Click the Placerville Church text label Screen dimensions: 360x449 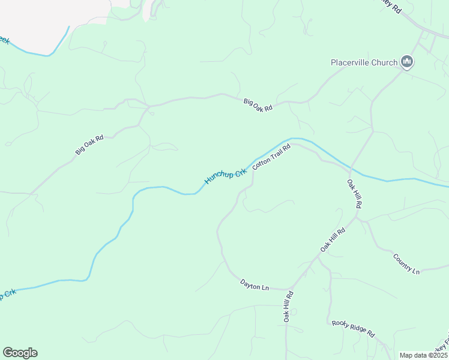364,62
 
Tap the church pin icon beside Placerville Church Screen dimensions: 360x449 408,62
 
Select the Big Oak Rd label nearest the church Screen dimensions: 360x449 258,104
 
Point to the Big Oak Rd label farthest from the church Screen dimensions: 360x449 89,145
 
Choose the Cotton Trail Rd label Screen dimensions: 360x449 271,156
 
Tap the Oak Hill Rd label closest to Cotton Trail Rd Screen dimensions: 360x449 355,193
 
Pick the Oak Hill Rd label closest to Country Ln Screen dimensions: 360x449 333,239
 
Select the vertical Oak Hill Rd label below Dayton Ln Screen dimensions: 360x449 288,307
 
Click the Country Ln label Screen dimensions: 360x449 406,264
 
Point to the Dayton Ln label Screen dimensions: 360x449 255,284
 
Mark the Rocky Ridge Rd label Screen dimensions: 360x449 353,328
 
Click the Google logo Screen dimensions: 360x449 20,352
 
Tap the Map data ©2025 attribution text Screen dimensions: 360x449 423,355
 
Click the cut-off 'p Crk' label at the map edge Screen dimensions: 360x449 7,295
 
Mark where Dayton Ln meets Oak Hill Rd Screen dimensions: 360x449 291,289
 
